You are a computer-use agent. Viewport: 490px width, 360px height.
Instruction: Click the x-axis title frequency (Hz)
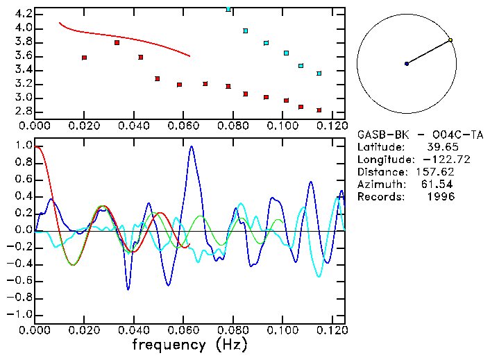pos(189,344)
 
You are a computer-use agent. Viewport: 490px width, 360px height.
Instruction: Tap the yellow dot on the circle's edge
pos(450,40)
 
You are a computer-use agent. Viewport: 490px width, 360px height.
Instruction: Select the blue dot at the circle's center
pos(407,64)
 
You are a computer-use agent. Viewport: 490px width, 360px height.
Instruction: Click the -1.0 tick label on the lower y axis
pos(19,314)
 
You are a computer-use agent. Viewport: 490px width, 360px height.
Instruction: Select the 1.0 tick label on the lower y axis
pos(22,146)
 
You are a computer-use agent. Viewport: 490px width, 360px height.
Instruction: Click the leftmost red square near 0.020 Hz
pos(84,58)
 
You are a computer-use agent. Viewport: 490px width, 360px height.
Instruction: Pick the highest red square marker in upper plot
pos(117,42)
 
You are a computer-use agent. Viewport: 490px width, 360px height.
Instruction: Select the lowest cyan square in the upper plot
pos(319,74)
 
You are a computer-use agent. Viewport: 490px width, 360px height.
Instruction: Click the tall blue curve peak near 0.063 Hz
pos(192,147)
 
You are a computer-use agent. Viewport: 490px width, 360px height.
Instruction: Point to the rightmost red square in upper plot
pos(319,110)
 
